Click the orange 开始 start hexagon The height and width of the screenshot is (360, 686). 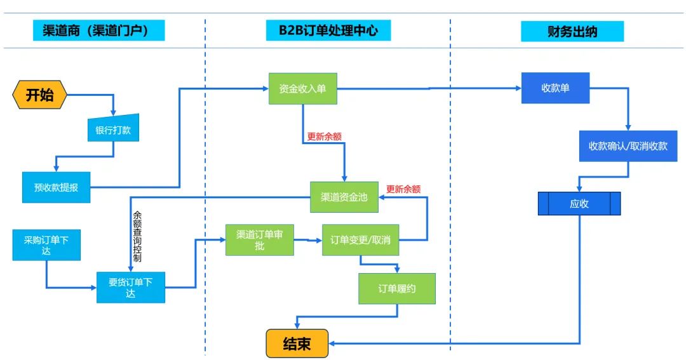(39, 95)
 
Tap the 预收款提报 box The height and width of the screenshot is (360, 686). (56, 187)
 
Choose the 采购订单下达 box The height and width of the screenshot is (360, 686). (46, 246)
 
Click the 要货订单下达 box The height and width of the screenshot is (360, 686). (131, 288)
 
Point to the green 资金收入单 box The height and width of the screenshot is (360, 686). (303, 89)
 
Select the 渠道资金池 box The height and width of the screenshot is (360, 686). (344, 197)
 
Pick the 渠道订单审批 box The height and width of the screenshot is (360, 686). (260, 240)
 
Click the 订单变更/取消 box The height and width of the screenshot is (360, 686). (360, 240)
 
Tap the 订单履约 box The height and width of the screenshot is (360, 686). (397, 288)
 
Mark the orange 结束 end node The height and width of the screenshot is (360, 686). (297, 344)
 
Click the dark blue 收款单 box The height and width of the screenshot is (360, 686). (555, 88)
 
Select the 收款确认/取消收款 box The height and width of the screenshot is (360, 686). (628, 146)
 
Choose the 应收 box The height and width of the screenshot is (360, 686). (579, 203)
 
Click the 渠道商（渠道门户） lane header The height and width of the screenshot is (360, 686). (99, 30)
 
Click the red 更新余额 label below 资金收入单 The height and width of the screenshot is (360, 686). (325, 136)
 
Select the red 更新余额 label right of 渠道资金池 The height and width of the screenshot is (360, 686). (403, 189)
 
